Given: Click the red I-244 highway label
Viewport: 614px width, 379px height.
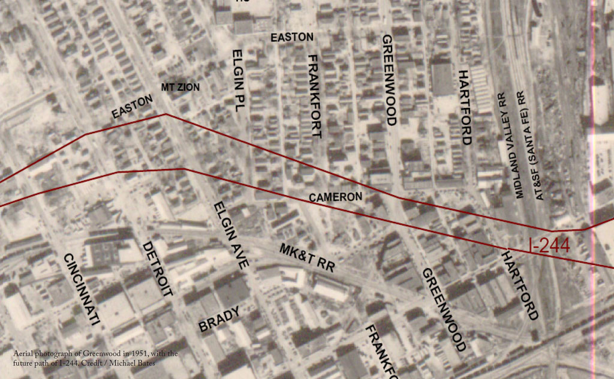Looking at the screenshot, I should point(549,245).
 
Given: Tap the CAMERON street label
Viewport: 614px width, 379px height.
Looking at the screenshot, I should point(335,197).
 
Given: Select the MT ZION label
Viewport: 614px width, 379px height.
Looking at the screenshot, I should point(180,87).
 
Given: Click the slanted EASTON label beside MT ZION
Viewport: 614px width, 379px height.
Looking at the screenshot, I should point(133,107).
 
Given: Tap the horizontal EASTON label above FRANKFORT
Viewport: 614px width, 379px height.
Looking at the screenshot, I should point(292,37).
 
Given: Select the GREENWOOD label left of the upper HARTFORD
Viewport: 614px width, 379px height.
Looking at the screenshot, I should point(389,79).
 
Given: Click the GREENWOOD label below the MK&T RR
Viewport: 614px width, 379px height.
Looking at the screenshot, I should point(444,309).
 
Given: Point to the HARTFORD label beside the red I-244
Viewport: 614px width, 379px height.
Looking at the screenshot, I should point(520,285).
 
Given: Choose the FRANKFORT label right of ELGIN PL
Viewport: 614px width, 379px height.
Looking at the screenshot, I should point(315,96).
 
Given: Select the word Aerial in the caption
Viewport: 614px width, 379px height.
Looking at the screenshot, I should point(22,354).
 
